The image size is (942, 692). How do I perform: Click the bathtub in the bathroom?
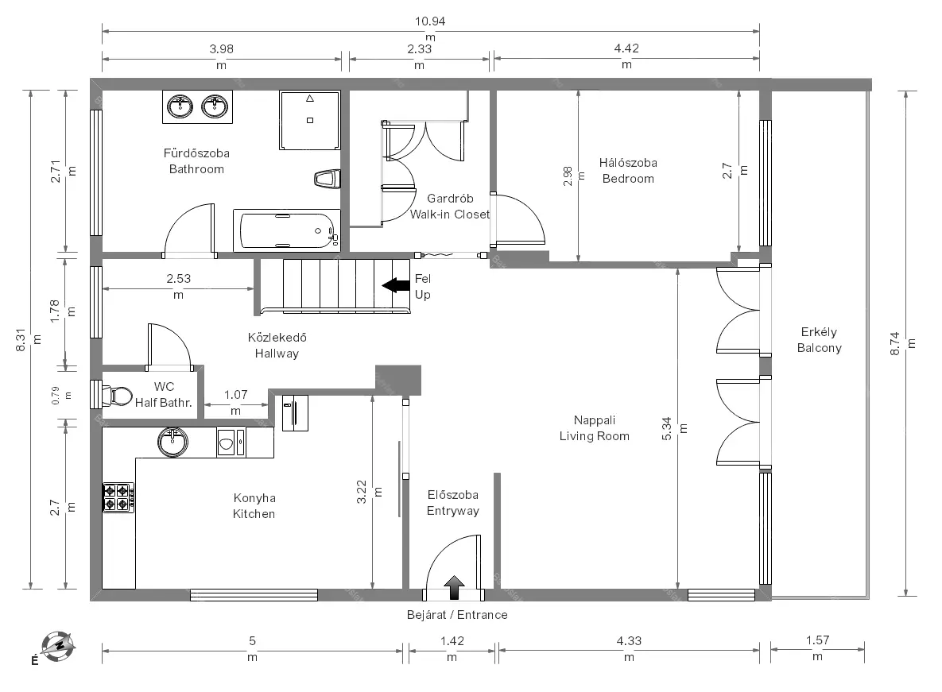coord(286,230)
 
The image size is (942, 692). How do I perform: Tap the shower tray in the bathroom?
coord(310,120)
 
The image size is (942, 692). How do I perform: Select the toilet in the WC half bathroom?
coord(118,396)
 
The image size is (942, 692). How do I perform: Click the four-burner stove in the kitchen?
coord(118,497)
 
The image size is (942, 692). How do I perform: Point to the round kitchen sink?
coord(173,443)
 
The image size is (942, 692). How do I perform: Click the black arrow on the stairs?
coord(396,285)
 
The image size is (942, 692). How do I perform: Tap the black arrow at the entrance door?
coord(454,588)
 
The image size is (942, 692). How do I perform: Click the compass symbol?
coord(58,647)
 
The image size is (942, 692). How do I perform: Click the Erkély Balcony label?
coord(819,340)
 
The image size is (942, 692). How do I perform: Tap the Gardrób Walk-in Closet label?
coord(450,207)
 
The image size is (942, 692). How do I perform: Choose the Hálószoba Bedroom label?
coord(628,171)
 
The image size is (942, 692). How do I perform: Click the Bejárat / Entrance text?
coord(457,615)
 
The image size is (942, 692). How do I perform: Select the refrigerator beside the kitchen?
coord(295,413)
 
